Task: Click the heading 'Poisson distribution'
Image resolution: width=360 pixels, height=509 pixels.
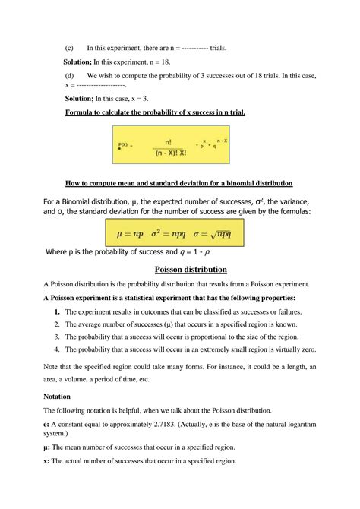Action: [190, 269]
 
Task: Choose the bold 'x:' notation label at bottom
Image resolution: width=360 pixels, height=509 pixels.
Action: [48, 461]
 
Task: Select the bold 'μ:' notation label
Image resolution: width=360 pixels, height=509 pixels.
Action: [48, 447]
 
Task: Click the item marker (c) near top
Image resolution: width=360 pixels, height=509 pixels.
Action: [69, 48]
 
